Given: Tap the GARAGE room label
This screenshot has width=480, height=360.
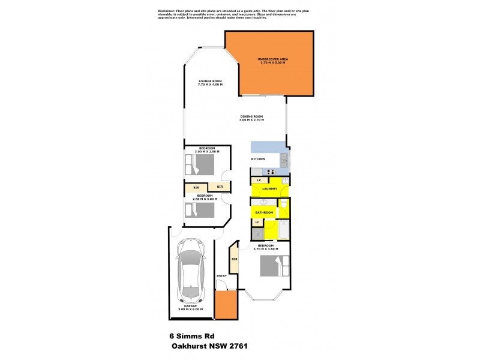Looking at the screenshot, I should click(190, 306).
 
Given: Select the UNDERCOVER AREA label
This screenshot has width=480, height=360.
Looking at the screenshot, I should click(273, 59).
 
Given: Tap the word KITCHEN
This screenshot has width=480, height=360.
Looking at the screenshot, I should click(258, 159).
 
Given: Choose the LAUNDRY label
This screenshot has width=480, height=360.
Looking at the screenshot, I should click(269, 189).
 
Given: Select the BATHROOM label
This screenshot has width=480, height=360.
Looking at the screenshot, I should click(264, 212).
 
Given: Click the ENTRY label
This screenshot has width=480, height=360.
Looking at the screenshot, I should click(221, 275).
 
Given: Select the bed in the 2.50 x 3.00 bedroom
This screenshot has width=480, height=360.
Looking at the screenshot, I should click(200, 210).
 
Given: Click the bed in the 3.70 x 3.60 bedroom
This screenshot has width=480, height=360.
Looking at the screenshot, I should click(274, 266).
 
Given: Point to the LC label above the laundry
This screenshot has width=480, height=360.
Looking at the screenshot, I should click(259, 181).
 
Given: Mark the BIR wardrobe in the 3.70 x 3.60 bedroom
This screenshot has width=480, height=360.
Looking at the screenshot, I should click(234, 259).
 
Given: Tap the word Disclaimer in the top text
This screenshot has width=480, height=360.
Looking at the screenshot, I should click(166, 11).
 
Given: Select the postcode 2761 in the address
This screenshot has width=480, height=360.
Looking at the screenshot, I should click(238, 346).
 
